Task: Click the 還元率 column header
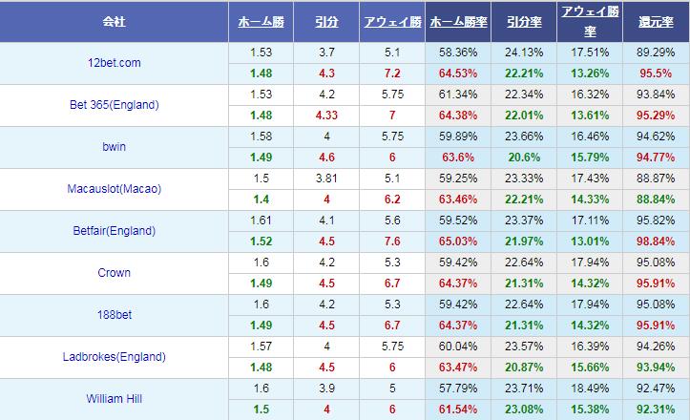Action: coord(656,20)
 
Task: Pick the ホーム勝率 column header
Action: coord(457,20)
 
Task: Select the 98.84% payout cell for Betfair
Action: coord(656,241)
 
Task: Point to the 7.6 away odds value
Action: coord(391,241)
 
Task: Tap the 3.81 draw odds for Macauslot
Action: coord(325,178)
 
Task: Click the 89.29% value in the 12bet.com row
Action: coord(656,52)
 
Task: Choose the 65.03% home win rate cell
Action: coord(457,241)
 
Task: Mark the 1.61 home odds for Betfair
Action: coord(260,220)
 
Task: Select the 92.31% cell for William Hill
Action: coord(656,409)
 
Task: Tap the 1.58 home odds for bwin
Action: coord(260,136)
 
